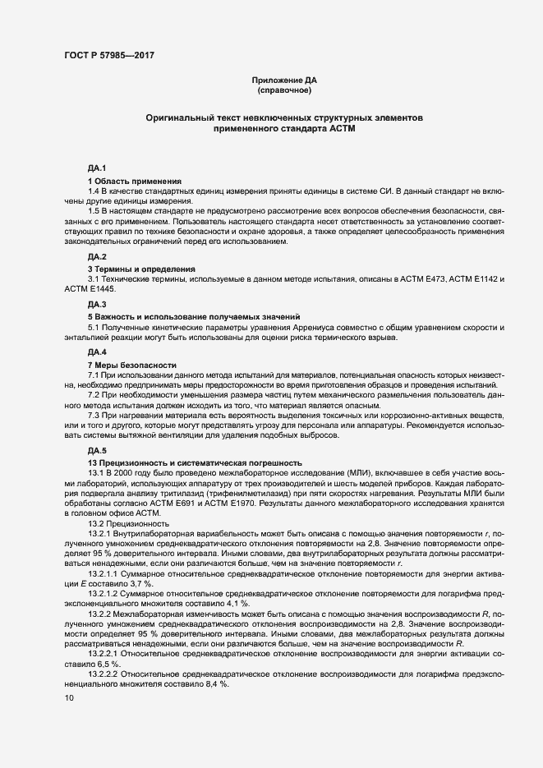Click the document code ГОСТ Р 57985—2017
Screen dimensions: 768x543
tap(108, 56)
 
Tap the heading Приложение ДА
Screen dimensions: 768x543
tap(283, 80)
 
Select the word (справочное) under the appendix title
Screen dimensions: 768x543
tap(283, 90)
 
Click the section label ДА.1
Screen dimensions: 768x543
tap(98, 168)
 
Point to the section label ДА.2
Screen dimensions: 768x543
tap(98, 256)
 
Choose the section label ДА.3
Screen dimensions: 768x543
tap(98, 305)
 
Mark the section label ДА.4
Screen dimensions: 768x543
tap(98, 352)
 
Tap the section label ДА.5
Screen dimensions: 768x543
tap(98, 451)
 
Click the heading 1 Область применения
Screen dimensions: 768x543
tap(135, 180)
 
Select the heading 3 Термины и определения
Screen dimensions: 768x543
tap(141, 269)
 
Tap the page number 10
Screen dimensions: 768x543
tap(69, 697)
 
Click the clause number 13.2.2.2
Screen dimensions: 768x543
tap(104, 671)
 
